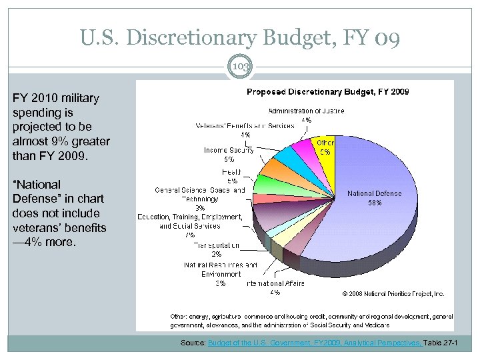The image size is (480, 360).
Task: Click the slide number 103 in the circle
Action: pos(240,67)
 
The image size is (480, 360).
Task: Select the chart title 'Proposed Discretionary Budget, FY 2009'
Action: pos(328,91)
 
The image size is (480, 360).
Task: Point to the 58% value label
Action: pos(374,203)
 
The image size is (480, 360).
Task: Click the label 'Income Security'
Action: pos(229,150)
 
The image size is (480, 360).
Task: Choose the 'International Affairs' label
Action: pos(275,283)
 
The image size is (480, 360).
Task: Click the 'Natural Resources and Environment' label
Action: pos(220,269)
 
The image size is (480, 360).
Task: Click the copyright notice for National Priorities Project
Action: pos(393,293)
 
